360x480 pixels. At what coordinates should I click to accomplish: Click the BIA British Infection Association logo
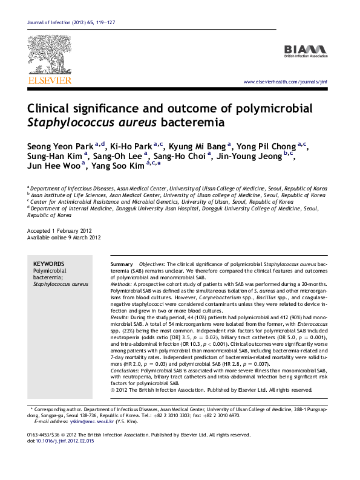306,51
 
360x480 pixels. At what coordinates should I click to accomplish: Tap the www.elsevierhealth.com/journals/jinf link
285,82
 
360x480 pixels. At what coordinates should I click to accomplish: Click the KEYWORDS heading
48,264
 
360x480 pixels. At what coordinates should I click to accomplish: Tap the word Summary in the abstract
122,265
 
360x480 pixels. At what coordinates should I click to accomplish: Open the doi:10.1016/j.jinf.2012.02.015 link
61,441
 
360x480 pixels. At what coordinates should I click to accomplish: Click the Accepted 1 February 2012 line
59,231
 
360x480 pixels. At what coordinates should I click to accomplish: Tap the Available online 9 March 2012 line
64,238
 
